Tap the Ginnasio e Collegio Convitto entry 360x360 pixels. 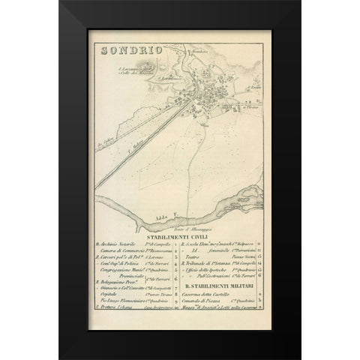[x=124, y=288]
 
